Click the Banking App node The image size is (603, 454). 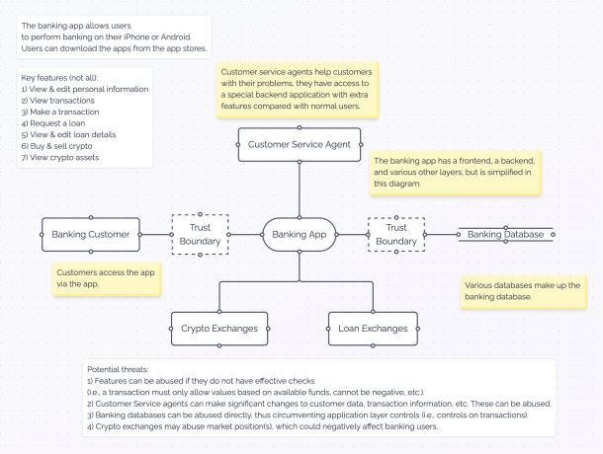pyautogui.click(x=299, y=234)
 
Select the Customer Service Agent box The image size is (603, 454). pyautogui.click(x=299, y=144)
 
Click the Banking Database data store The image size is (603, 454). pyautogui.click(x=505, y=234)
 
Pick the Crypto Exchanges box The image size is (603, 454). pyautogui.click(x=219, y=327)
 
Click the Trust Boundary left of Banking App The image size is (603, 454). pyautogui.click(x=201, y=234)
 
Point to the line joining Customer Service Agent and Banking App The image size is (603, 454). pyautogui.click(x=299, y=189)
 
